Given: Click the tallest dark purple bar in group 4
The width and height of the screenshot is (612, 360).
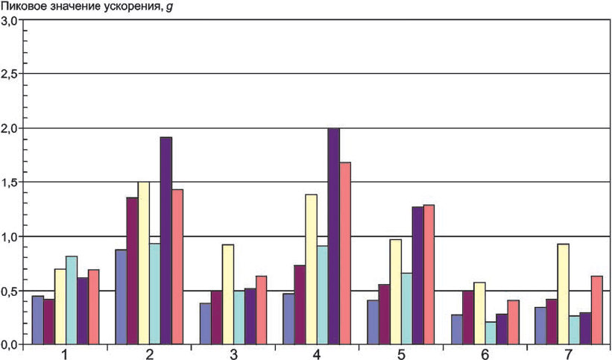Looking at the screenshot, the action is [x=334, y=236].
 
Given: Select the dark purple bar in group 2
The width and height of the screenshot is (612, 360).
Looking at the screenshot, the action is [x=166, y=241].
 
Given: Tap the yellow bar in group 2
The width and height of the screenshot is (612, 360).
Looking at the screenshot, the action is [x=144, y=263].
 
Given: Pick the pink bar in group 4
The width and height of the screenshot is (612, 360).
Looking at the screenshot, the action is [x=345, y=253].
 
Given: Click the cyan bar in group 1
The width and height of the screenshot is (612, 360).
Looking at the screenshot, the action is [x=72, y=300].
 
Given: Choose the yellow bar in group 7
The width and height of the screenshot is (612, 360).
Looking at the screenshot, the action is [x=564, y=294].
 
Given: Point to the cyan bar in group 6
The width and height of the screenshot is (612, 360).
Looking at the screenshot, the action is [x=490, y=333].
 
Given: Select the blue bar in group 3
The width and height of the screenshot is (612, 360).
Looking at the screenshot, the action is [x=206, y=323].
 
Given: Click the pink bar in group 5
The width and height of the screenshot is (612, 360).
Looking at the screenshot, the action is [x=429, y=274].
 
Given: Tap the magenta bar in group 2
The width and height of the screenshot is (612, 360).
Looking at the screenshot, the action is [x=132, y=271].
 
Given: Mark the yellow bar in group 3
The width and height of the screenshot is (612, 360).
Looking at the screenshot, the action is [x=228, y=294].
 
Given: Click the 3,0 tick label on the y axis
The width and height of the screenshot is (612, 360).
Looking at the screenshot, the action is [x=10, y=20].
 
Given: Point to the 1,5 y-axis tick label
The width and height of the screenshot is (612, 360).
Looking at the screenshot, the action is [x=10, y=182].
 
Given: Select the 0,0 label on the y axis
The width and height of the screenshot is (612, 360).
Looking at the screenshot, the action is [x=10, y=344].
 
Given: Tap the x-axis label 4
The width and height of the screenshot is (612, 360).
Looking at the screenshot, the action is [x=317, y=354].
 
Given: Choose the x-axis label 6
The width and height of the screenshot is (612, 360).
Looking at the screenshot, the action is [x=485, y=354].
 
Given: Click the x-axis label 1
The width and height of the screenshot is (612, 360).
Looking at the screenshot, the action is [x=66, y=354].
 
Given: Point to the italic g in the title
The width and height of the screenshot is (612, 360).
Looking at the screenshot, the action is [x=168, y=7].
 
